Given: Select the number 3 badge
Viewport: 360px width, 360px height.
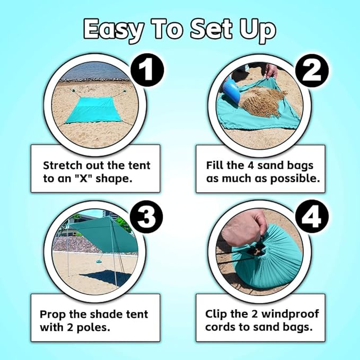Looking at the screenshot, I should point(148,218).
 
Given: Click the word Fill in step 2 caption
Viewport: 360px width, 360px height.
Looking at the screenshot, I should point(216,165).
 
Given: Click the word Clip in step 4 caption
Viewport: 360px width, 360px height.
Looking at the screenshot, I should point(217,314).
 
